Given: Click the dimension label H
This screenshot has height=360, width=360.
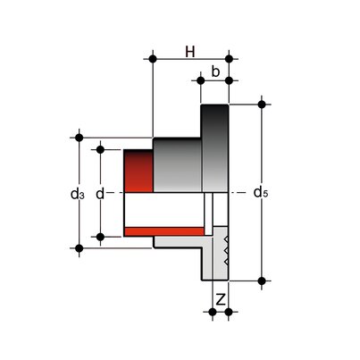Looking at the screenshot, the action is click(190, 52).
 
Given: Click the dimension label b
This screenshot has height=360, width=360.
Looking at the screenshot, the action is click(215, 71).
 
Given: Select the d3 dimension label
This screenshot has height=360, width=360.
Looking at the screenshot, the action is click(78, 194).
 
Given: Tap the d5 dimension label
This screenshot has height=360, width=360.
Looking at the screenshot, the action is click(261, 192).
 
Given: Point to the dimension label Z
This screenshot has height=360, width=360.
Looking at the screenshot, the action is click(221, 299).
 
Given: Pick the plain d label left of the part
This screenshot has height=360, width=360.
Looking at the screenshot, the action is click(100, 194).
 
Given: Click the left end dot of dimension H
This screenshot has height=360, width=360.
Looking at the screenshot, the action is click(153, 59).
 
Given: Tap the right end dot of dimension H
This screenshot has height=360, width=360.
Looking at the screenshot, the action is click(229, 59).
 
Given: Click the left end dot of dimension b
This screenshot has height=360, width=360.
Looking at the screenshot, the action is click(201, 80).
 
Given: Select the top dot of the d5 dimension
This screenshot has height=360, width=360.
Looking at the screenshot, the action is click(262, 105).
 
